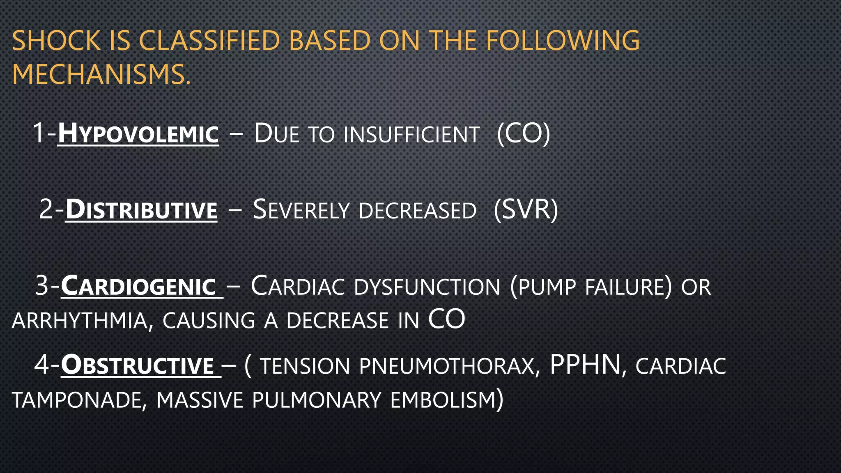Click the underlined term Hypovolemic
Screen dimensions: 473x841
click(x=138, y=134)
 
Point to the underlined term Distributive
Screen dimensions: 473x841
click(x=141, y=210)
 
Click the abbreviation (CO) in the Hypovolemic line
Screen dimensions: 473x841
click(x=523, y=134)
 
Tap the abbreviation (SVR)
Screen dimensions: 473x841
click(x=526, y=210)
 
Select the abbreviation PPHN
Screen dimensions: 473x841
click(x=585, y=365)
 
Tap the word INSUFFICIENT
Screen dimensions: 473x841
click(x=411, y=135)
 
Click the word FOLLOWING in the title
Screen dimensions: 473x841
click(x=563, y=41)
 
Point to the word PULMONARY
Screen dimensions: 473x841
click(x=317, y=400)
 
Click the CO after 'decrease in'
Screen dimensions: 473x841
click(x=446, y=320)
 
